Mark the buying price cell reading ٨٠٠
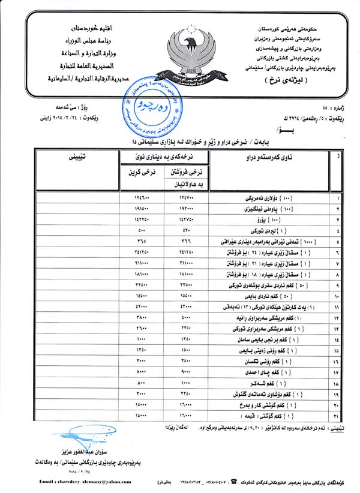pyautogui.click(x=142, y=383)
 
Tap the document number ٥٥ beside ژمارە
pyautogui.click(x=325, y=109)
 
